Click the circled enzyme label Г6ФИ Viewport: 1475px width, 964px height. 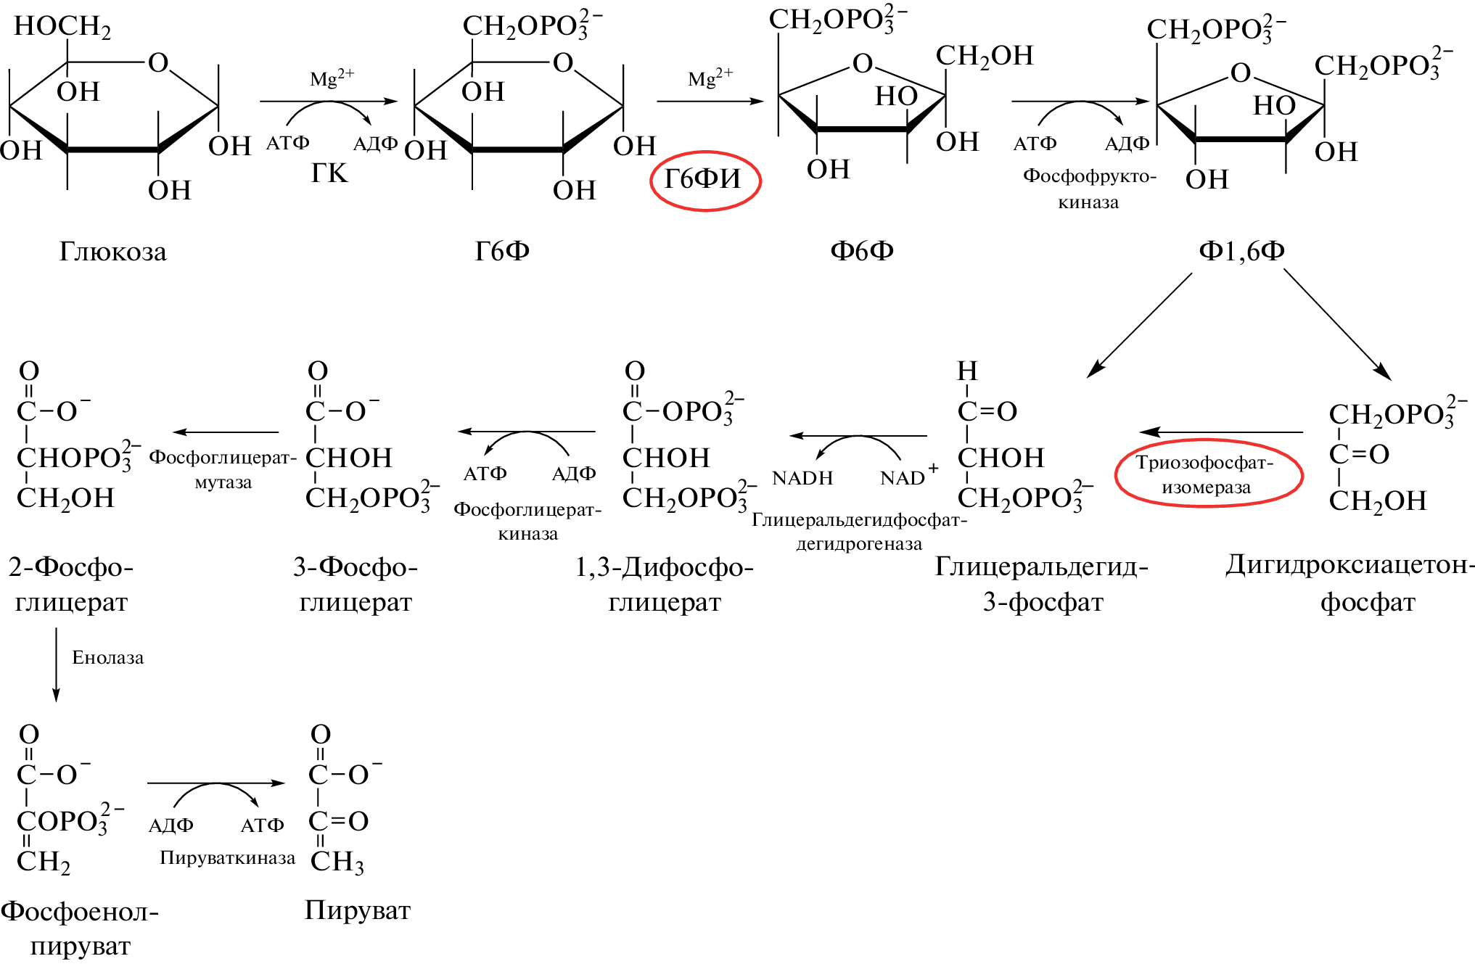coord(704,180)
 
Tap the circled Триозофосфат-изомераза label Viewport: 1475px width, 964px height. coord(1208,474)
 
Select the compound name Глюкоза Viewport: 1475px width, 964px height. coord(112,252)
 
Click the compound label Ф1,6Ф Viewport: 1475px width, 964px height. coord(1241,250)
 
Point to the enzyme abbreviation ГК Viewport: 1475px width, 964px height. coord(329,173)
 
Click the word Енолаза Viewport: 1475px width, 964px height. coord(108,657)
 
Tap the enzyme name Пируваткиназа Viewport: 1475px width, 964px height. coord(227,858)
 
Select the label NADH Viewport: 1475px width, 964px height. coord(802,478)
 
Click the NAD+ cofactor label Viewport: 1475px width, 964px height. coord(908,476)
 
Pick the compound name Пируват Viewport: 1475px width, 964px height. coord(358,910)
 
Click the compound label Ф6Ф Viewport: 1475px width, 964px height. coord(862,250)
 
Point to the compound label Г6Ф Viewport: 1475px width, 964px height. coord(502,250)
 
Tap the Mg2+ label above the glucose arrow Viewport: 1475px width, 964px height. coord(332,77)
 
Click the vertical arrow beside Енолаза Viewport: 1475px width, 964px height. coord(57,664)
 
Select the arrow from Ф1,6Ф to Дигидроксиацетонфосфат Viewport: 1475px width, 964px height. coord(1336,324)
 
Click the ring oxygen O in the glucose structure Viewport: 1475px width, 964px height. coord(158,63)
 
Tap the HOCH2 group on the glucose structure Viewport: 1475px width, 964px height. coord(62,26)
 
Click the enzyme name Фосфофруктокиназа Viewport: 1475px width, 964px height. coord(1089,189)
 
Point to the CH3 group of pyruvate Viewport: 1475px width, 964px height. coord(337,862)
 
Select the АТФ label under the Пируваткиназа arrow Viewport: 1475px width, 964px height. coord(262,825)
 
